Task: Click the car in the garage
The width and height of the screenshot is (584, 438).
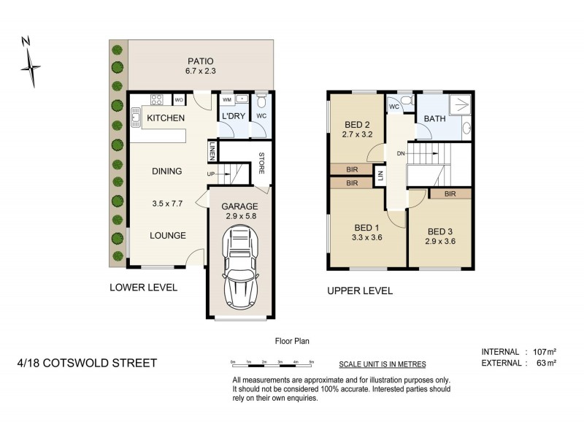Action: click(240, 267)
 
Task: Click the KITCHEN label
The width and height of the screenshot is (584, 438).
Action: click(166, 118)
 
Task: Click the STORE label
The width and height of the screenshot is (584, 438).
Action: click(261, 163)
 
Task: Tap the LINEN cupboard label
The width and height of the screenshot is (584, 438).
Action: click(212, 151)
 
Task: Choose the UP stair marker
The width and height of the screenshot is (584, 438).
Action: click(210, 174)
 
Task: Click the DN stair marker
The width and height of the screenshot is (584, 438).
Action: click(400, 153)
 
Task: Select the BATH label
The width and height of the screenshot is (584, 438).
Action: click(434, 118)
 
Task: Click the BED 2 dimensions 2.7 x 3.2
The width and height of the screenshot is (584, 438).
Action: click(358, 134)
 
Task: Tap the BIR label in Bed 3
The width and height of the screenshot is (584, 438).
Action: click(450, 194)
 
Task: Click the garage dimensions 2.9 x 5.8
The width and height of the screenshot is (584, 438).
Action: click(240, 217)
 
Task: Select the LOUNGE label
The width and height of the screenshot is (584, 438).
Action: click(167, 235)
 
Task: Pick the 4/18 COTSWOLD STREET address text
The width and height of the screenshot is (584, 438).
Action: click(87, 363)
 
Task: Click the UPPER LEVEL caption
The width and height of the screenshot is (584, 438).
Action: click(360, 291)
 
